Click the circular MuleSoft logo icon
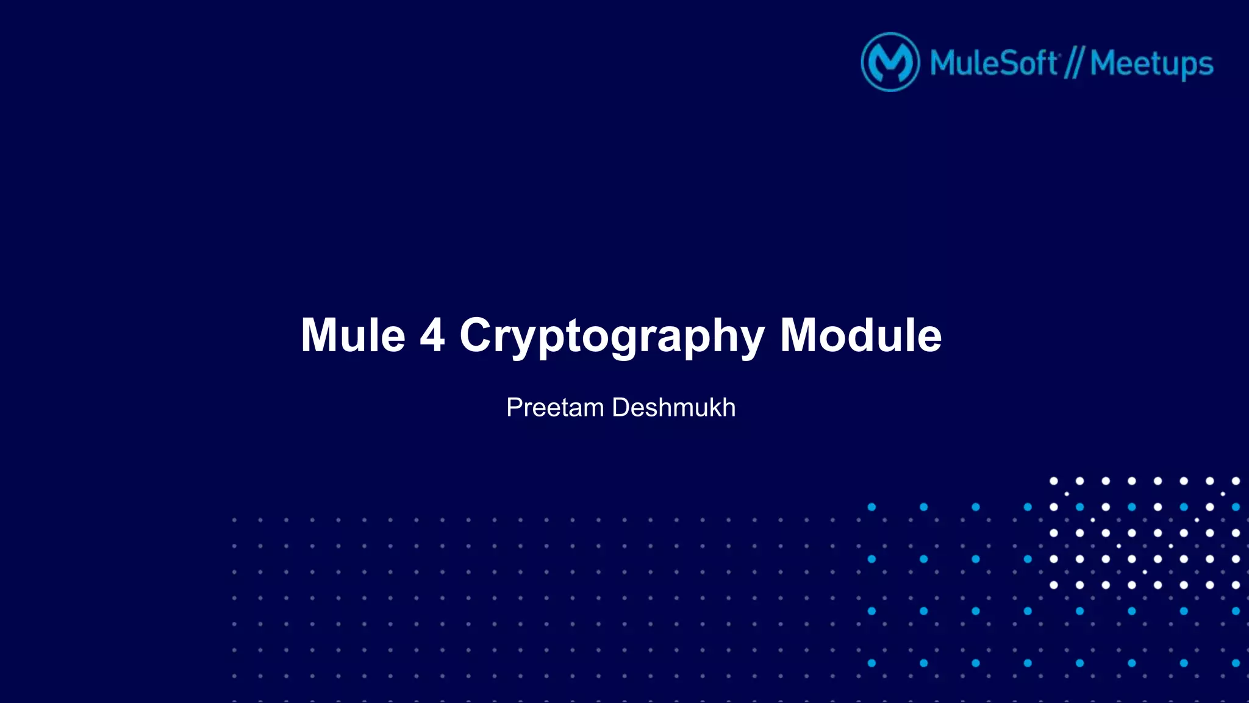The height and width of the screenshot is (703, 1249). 890,62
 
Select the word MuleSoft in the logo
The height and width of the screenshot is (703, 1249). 993,63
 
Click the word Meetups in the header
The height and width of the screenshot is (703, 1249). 1151,64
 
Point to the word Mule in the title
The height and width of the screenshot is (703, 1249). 353,335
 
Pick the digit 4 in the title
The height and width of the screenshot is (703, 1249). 432,335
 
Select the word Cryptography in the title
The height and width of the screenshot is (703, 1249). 612,337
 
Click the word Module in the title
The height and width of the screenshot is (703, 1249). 861,335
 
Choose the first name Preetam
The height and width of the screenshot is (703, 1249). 554,407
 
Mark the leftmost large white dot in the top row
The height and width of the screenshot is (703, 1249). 1053,481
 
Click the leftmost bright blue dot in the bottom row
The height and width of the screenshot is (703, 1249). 871,663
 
